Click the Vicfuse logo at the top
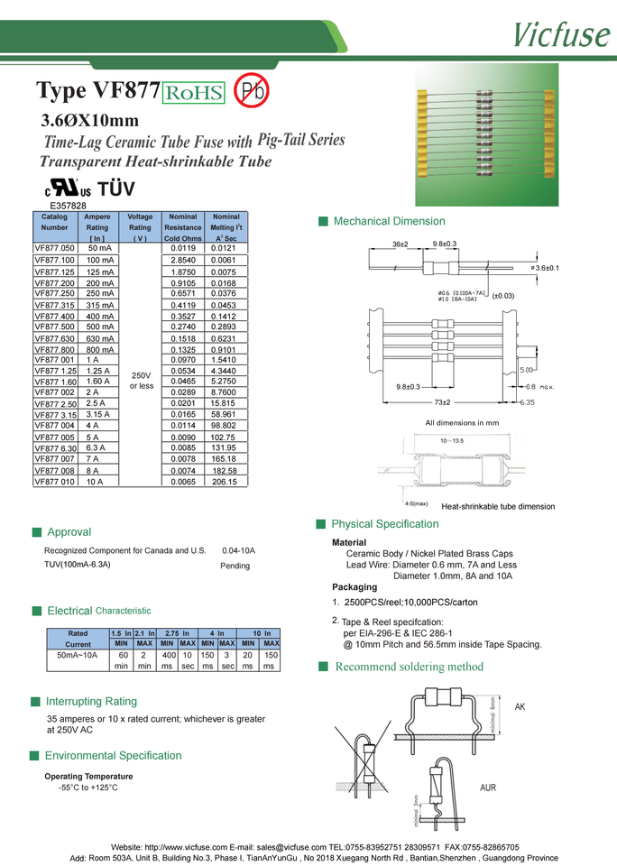coord(561,32)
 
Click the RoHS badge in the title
coord(193,92)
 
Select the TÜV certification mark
coord(115,189)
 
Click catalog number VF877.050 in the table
coord(54,247)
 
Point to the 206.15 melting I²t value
coord(224,482)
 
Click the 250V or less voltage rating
coord(140,380)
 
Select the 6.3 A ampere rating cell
coord(97,448)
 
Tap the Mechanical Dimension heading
coord(389,221)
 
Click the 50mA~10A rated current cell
coord(78,656)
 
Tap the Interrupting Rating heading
coord(91,701)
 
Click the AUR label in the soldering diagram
coord(487,788)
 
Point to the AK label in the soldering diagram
coord(520,706)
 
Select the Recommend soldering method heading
coord(409,667)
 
